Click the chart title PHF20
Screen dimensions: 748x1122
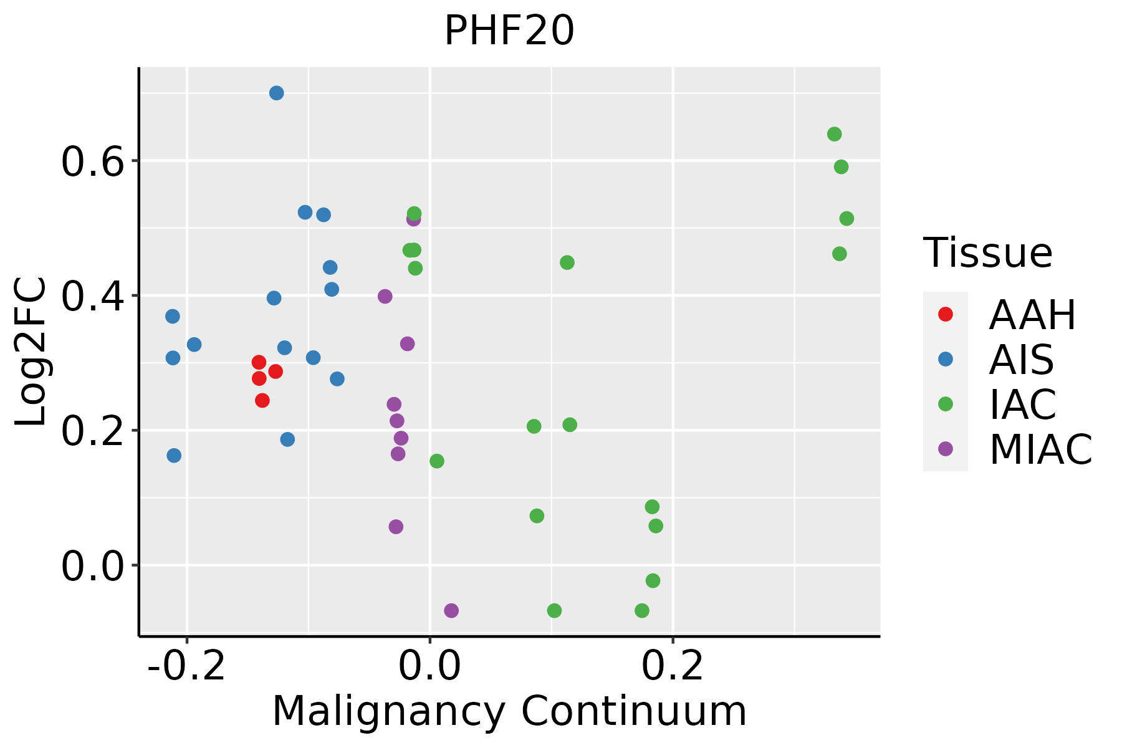pyautogui.click(x=509, y=31)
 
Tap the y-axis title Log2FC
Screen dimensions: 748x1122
pyautogui.click(x=31, y=352)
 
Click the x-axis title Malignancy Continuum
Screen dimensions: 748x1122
pyautogui.click(x=509, y=712)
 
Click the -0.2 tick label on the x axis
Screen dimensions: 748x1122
pyautogui.click(x=186, y=667)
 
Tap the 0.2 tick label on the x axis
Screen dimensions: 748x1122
pyautogui.click(x=673, y=667)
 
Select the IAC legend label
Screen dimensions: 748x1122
pyautogui.click(x=1023, y=405)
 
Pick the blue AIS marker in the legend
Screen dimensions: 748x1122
pyautogui.click(x=945, y=359)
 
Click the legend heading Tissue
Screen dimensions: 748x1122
pyautogui.click(x=988, y=253)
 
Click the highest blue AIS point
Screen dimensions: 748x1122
pyautogui.click(x=277, y=93)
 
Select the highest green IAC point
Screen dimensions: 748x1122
pyautogui.click(x=834, y=134)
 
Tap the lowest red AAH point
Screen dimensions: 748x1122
pyautogui.click(x=262, y=400)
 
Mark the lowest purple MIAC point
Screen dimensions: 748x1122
pyautogui.click(x=451, y=611)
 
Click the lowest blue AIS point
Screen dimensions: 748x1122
pyautogui.click(x=174, y=456)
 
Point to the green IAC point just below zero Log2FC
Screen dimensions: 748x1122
pyautogui.click(x=653, y=581)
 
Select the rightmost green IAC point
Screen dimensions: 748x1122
pyautogui.click(x=846, y=219)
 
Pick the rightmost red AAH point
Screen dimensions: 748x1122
pyautogui.click(x=276, y=372)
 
